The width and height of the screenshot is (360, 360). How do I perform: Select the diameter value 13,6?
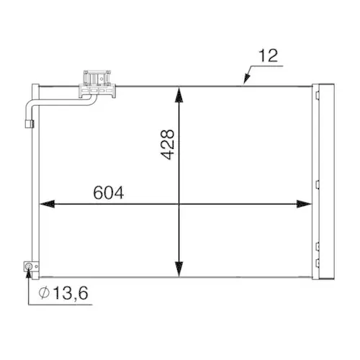pyautogui.click(x=71, y=293)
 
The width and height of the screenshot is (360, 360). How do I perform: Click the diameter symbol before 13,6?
pyautogui.click(x=44, y=293)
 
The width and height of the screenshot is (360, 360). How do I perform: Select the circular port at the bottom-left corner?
pyautogui.click(x=30, y=268)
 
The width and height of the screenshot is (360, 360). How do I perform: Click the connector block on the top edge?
pyautogui.click(x=98, y=82)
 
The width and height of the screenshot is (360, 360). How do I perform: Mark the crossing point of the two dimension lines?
pyautogui.click(x=179, y=204)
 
